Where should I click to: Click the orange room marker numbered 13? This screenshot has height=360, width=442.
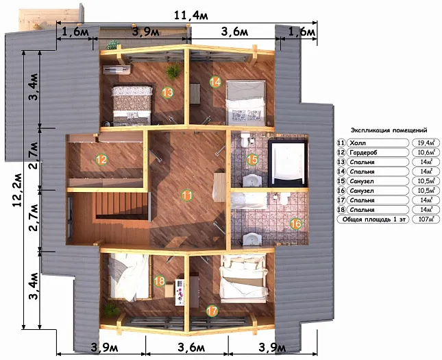point(167,93)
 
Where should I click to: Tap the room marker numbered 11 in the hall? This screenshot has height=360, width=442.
point(187,195)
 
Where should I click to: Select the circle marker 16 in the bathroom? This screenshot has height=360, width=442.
point(296,224)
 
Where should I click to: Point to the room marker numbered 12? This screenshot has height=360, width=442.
point(101,160)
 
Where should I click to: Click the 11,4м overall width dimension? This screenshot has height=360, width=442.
point(191,15)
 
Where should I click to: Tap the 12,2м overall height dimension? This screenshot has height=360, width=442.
point(18,189)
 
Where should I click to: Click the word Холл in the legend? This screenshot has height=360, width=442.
point(358,143)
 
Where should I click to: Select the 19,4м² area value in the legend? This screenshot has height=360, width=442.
point(426,143)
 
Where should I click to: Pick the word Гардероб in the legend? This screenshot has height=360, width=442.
point(363,153)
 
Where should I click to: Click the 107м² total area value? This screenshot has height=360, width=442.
point(426,219)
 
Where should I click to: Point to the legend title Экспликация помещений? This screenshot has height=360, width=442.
point(389,130)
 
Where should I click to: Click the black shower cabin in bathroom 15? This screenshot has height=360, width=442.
point(288,163)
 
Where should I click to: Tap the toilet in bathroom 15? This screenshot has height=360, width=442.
point(245,139)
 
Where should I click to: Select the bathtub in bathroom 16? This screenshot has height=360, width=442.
point(249,201)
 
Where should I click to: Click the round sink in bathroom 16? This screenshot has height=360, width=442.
point(251,239)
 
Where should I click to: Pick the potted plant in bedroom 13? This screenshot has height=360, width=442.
point(173,71)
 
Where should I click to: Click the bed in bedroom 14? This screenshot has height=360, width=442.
point(246,103)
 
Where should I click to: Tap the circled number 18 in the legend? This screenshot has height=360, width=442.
point(341,210)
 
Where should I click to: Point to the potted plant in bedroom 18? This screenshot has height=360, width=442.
point(112,309)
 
